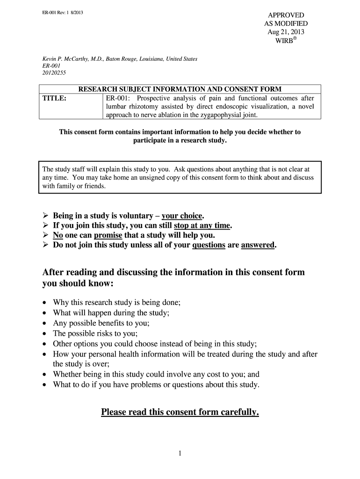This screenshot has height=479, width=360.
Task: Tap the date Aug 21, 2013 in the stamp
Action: pyautogui.click(x=286, y=32)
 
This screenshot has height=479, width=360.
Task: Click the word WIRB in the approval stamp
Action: pyautogui.click(x=284, y=41)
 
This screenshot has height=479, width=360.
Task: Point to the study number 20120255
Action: pyautogui.click(x=55, y=73)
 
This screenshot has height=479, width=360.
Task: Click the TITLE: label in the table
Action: pyautogui.click(x=55, y=98)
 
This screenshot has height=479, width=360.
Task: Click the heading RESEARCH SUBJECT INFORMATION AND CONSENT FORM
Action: pyautogui.click(x=180, y=89)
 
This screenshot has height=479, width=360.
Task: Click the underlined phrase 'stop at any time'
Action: pyautogui.click(x=202, y=225)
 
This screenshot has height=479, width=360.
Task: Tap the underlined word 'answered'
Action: pyautogui.click(x=258, y=245)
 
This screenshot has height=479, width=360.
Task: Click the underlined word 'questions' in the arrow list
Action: pyautogui.click(x=209, y=245)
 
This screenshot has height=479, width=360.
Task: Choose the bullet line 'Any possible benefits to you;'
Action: pyautogui.click(x=101, y=323)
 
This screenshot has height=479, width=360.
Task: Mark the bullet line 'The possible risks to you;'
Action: pyautogui.click(x=95, y=333)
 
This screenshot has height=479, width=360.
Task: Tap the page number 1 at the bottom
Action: pyautogui.click(x=180, y=453)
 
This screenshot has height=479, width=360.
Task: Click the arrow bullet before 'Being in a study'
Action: pyautogui.click(x=46, y=216)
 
